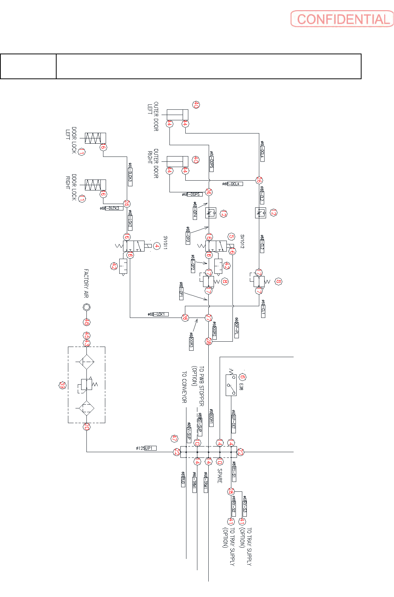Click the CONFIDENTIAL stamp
tap(342, 19)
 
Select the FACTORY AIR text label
tap(86, 283)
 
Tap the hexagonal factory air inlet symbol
tap(86, 307)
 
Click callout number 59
tap(63, 385)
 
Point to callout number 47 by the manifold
tap(174, 439)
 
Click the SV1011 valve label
tap(165, 242)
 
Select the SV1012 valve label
tap(242, 241)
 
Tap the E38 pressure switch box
tap(231, 385)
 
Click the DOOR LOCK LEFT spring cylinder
tap(95, 138)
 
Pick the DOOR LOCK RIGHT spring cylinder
tap(95, 185)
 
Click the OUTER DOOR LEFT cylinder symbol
tap(177, 115)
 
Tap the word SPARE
tap(220, 476)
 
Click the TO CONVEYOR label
tap(184, 387)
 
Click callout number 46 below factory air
tap(87, 322)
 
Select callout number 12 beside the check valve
tap(223, 214)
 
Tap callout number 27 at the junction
tap(208, 318)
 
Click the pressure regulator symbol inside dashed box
tap(87, 385)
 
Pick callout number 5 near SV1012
tap(231, 237)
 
